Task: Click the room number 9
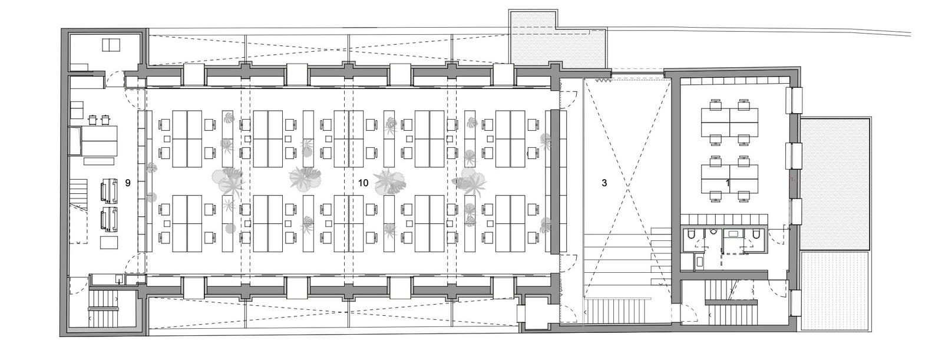[127, 183]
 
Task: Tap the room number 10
[363, 183]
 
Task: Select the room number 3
[604, 183]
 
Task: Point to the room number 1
[728, 183]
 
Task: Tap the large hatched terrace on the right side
[834, 183]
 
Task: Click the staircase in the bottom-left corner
[103, 306]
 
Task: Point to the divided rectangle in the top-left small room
[111, 44]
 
